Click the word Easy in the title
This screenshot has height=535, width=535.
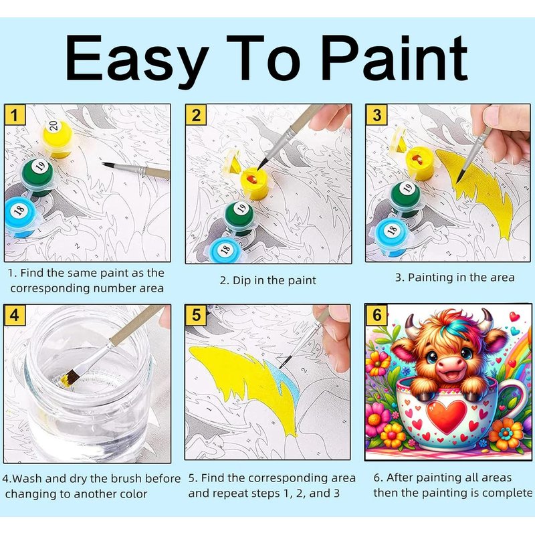[137, 59]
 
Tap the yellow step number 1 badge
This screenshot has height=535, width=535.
[15, 114]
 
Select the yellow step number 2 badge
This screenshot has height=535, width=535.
[196, 115]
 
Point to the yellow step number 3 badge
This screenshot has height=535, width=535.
[377, 114]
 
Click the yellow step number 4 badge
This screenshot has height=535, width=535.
[14, 314]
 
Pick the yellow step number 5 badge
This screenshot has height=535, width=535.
[196, 314]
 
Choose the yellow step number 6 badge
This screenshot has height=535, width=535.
[377, 314]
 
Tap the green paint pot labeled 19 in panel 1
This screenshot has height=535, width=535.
[37, 176]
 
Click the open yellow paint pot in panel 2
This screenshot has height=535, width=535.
[254, 182]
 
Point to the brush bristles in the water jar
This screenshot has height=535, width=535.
[70, 380]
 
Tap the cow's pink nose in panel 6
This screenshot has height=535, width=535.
[451, 368]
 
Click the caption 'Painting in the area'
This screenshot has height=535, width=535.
[461, 278]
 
